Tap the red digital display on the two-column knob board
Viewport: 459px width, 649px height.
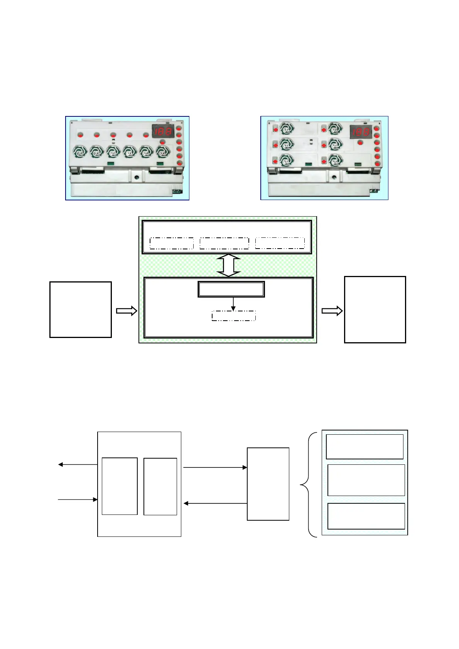coord(361,132)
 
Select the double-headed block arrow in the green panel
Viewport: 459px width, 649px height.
coord(229,266)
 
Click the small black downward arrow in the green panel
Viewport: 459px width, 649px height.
coord(233,304)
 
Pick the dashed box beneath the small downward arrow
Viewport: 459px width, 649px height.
coord(234,316)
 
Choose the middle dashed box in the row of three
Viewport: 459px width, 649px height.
coord(224,243)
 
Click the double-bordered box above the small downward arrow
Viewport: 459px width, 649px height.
coord(231,289)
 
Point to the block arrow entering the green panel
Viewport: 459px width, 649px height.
coord(127,311)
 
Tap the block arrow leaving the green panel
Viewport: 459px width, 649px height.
coord(332,311)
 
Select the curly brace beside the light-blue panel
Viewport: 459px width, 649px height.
coord(309,484)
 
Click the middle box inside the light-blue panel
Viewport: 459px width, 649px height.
coord(366,480)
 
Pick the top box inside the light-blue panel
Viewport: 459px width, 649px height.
coord(364,447)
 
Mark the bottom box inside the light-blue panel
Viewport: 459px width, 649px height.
coord(366,516)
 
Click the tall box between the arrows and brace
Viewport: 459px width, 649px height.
coord(268,484)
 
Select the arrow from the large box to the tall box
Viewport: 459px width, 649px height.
coord(215,467)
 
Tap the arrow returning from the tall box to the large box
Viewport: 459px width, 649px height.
coord(215,503)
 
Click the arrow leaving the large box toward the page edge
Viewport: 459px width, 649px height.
coord(78,464)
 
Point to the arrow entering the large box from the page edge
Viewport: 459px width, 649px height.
coord(78,499)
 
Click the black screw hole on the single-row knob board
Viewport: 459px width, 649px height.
coord(137,178)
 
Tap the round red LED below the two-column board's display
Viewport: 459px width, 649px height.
coord(360,143)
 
